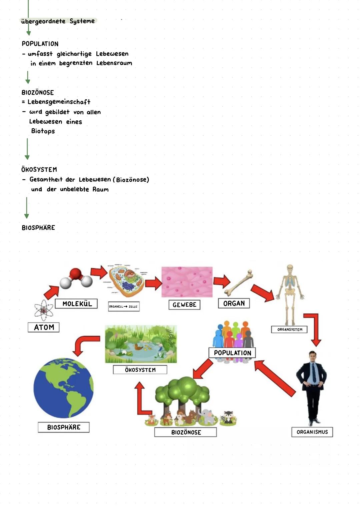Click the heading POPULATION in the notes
pyautogui.click(x=40, y=44)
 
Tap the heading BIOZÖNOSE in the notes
pyautogui.click(x=38, y=92)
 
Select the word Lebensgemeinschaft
pyautogui.click(x=59, y=102)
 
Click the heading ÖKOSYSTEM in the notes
pyautogui.click(x=39, y=169)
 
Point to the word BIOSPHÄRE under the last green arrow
pyautogui.click(x=38, y=228)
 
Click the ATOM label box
pyautogui.click(x=44, y=327)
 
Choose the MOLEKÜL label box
pyautogui.click(x=76, y=304)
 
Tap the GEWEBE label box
pyautogui.click(x=184, y=305)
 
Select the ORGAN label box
pyautogui.click(x=234, y=303)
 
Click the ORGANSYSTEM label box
pyautogui.click(x=290, y=329)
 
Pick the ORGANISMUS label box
pyautogui.click(x=312, y=432)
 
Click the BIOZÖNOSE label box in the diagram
pyautogui.click(x=186, y=432)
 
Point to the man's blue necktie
pyautogui.click(x=314, y=372)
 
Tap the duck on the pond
pyautogui.click(x=137, y=347)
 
